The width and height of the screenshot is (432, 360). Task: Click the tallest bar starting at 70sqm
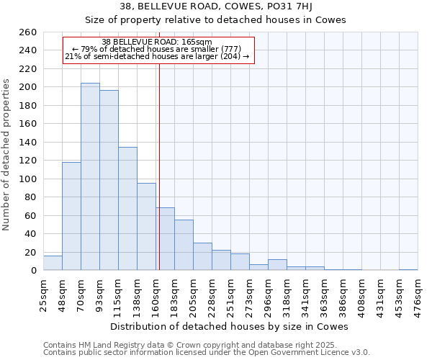(90, 176)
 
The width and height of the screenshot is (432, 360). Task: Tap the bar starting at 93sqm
(109, 180)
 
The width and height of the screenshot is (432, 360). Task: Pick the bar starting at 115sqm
(127, 209)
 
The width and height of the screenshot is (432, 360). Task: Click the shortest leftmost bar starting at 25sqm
(53, 264)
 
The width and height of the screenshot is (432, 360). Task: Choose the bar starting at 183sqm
(184, 245)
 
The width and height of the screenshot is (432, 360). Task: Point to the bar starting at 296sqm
(277, 265)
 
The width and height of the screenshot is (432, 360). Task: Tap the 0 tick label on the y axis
(33, 271)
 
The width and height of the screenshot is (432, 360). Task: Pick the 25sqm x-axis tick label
(44, 294)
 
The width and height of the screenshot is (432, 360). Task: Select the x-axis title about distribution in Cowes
(230, 326)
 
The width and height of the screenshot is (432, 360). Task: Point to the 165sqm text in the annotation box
(197, 42)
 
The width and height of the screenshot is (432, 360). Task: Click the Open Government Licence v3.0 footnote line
(207, 353)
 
